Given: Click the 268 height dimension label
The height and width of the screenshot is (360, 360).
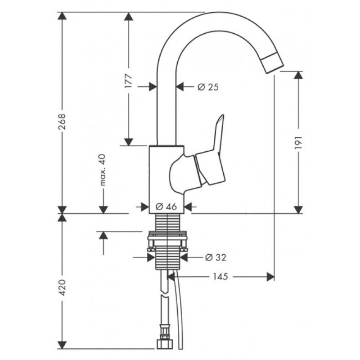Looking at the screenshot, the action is (62, 121).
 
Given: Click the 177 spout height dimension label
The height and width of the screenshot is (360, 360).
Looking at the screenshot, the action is (129, 81).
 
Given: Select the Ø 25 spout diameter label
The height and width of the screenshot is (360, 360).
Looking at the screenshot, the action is (208, 87).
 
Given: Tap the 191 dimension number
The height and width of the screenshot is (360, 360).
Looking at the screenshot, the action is (298, 142).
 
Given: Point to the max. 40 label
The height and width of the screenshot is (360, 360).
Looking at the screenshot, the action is (103, 170).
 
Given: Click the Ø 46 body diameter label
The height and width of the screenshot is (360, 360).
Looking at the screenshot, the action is (166, 207).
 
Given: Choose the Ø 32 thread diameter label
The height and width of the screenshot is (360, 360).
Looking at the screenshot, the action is (216, 257).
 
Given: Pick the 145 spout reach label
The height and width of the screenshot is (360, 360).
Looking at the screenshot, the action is (220, 277).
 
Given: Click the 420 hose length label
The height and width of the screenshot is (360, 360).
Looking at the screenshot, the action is (62, 288).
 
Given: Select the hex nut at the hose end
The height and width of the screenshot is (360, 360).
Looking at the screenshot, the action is (164, 345).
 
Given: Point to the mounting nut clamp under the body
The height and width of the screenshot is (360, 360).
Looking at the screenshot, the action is (167, 241).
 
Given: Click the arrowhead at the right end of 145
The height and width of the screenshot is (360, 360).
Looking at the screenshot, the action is (270, 277).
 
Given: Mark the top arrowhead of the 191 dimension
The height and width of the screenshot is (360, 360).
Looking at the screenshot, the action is (298, 75).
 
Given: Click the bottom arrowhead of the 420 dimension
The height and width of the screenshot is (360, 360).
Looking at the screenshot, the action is (62, 345).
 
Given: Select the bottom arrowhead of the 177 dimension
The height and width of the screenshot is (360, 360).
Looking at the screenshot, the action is (129, 142).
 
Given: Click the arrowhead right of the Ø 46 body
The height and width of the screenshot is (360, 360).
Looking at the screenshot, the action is (188, 207).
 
